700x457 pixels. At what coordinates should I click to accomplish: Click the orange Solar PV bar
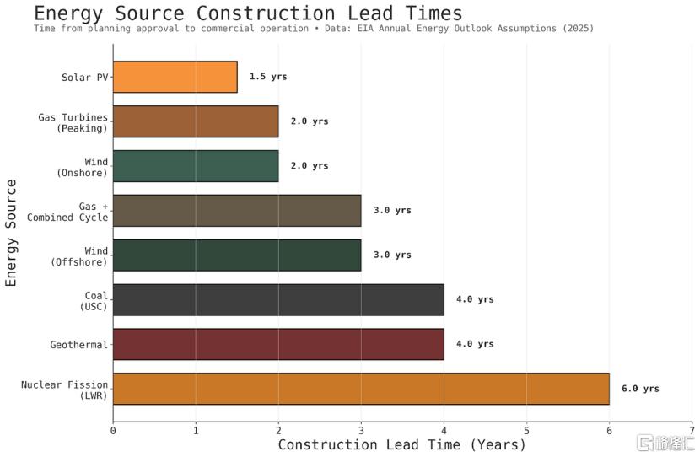tap(175, 77)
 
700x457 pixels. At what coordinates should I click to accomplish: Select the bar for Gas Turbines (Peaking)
tap(196, 121)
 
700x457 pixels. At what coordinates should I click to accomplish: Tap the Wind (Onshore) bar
tap(196, 166)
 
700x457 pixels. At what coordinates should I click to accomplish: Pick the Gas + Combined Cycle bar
tap(237, 211)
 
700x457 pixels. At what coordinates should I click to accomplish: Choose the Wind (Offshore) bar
tap(237, 255)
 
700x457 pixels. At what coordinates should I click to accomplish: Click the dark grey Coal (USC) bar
tap(278, 299)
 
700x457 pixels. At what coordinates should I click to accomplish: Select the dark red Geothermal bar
tap(278, 344)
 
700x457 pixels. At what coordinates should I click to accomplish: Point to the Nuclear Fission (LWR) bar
tap(361, 389)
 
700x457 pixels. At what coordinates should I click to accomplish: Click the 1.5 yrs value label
tap(268, 77)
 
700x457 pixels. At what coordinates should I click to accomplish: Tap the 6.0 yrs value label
tap(640, 389)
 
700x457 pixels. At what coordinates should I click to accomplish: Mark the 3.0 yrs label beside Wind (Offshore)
tap(392, 255)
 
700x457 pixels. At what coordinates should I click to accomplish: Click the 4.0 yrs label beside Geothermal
tap(475, 344)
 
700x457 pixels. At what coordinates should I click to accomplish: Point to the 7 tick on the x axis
tap(692, 430)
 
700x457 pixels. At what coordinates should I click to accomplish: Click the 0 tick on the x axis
tap(113, 430)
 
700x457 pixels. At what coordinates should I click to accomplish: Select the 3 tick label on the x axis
tap(361, 430)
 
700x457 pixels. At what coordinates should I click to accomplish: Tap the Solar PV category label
tap(84, 78)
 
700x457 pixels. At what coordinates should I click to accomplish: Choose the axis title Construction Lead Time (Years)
tap(401, 444)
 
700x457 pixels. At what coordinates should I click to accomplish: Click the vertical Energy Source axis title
tap(11, 232)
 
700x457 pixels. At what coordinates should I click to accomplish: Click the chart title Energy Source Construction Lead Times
tap(248, 13)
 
